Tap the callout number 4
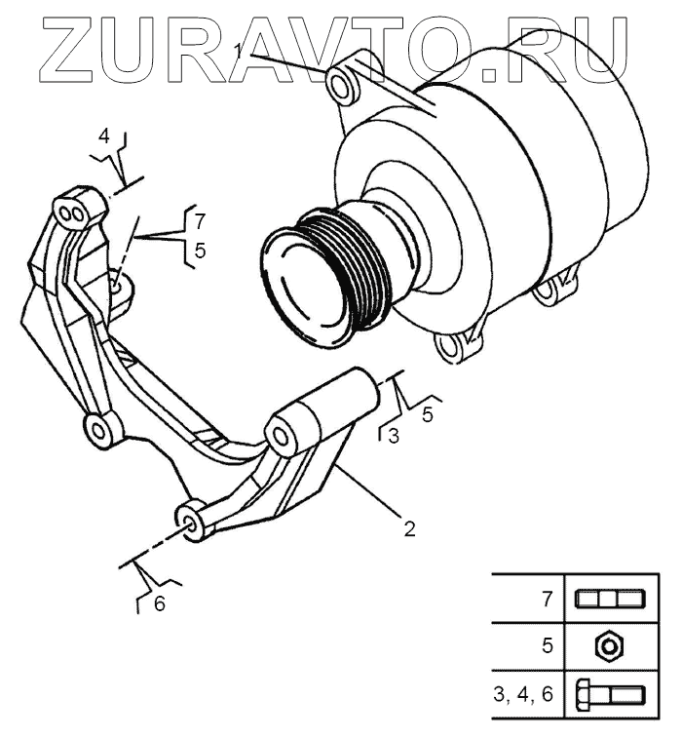coord(104,135)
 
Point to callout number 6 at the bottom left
coord(159,603)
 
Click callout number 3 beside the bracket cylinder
coord(393,436)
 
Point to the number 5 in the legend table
coord(548,645)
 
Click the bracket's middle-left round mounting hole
coord(98,426)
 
